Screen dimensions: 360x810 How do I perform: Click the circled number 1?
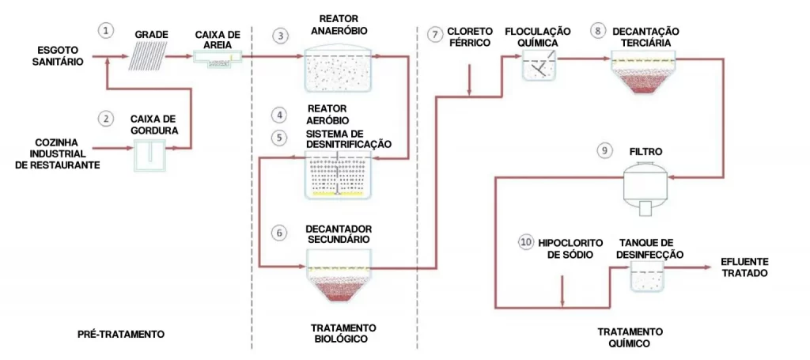(107, 31)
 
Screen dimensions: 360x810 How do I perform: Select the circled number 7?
(435, 34)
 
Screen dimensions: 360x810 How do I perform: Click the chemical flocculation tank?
(539, 66)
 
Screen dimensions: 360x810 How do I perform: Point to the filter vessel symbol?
(645, 187)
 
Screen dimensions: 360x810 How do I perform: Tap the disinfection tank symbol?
(646, 275)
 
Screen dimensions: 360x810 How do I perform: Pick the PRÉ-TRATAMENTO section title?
(122, 335)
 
